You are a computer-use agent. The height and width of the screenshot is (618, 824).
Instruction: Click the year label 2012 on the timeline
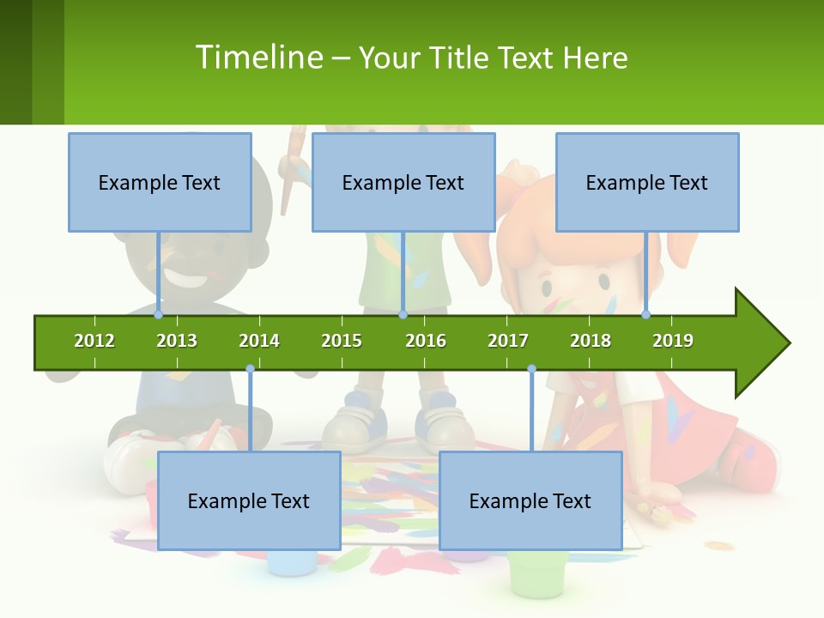(94, 341)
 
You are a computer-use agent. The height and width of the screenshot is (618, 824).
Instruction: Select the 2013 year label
(177, 341)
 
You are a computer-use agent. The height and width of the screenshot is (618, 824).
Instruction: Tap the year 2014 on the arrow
(259, 341)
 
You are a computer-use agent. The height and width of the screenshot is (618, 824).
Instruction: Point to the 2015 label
(342, 341)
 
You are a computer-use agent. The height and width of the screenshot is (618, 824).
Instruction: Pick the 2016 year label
(426, 341)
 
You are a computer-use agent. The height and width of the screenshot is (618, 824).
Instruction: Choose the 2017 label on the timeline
(508, 341)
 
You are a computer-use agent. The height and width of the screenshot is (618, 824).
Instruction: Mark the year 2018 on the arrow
(591, 341)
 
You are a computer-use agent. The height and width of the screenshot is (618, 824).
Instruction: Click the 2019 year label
(673, 341)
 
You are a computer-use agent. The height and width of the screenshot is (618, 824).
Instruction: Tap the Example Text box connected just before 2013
(160, 182)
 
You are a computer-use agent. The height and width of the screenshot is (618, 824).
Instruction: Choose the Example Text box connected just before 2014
(249, 500)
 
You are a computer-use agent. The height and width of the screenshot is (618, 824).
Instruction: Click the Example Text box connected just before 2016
(403, 182)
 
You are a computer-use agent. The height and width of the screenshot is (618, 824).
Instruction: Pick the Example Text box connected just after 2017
(530, 500)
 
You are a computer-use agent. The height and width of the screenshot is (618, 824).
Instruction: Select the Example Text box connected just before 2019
(647, 182)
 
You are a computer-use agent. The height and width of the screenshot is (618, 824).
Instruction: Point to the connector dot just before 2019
(646, 315)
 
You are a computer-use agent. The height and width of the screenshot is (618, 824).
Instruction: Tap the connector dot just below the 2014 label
(250, 369)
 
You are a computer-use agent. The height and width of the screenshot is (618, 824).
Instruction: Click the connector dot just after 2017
(531, 369)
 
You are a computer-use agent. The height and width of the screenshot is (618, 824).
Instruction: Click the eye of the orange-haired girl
(604, 281)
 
